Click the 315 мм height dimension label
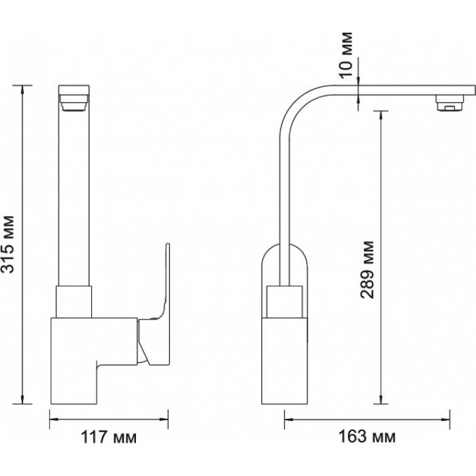[7, 244]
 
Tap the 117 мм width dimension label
[108, 437]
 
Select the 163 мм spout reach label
[367, 437]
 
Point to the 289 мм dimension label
[367, 270]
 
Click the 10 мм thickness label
[345, 55]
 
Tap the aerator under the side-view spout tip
[450, 103]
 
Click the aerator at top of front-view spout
[73, 103]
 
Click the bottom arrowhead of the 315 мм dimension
[22, 400]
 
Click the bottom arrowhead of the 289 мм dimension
[381, 400]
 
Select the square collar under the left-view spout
[73, 302]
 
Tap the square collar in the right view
[284, 302]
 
